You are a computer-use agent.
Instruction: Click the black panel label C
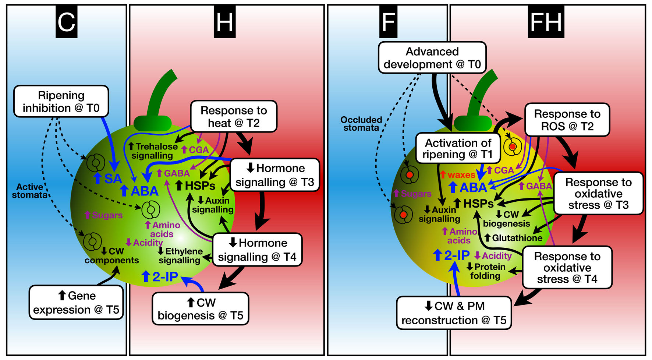click(67, 22)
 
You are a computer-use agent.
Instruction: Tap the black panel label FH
click(546, 22)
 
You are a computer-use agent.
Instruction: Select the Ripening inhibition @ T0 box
click(61, 102)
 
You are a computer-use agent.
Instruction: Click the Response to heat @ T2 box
click(234, 116)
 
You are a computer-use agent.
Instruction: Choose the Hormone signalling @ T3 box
click(274, 175)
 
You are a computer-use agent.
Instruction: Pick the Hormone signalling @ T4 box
click(257, 250)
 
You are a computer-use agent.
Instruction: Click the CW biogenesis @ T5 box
click(201, 309)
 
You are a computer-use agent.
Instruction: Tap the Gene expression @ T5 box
click(76, 303)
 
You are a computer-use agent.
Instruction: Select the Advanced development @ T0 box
click(432, 58)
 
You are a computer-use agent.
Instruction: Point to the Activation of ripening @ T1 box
click(458, 148)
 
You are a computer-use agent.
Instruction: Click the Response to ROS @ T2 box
click(567, 120)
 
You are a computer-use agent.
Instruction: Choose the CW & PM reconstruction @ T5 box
click(454, 313)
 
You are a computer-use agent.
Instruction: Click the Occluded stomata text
click(361, 124)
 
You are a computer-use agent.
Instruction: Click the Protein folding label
click(486, 271)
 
